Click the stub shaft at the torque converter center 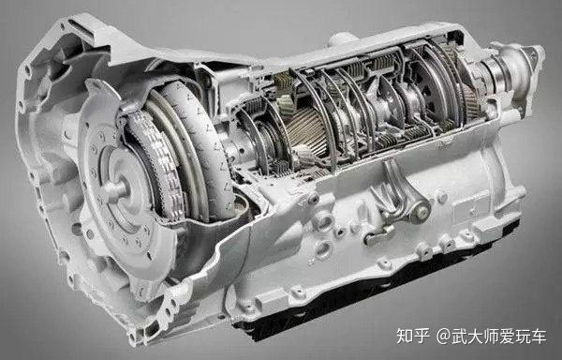click(x=114, y=188)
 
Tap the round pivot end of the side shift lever click(x=421, y=213)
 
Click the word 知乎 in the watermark click(x=413, y=337)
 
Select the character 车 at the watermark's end click(x=538, y=337)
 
